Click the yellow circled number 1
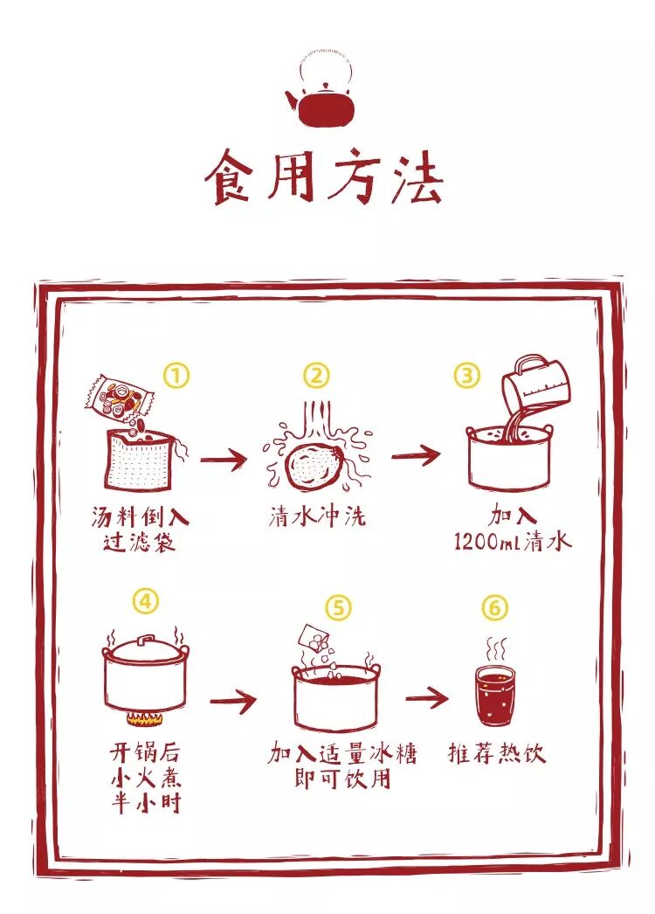click(x=176, y=376)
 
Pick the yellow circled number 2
click(x=316, y=376)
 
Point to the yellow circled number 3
click(x=467, y=376)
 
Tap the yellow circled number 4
click(x=146, y=601)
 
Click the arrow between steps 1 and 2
click(x=224, y=458)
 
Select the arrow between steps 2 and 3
click(x=415, y=455)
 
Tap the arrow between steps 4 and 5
click(x=233, y=700)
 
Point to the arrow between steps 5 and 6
click(x=426, y=697)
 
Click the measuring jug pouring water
click(x=536, y=384)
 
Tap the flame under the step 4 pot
click(x=145, y=720)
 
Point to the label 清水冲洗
click(x=316, y=516)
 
